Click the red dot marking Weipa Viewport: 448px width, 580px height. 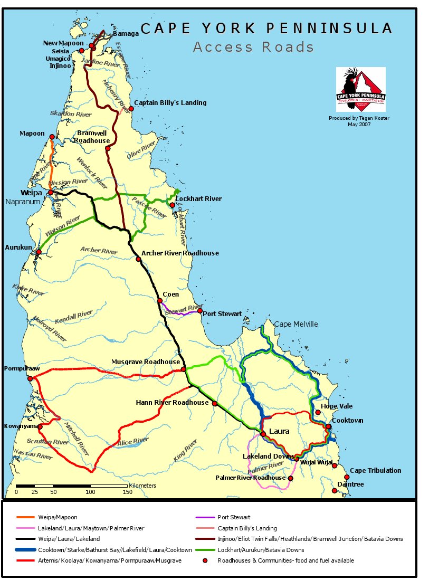tap(51, 193)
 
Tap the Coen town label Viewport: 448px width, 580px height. tap(170, 294)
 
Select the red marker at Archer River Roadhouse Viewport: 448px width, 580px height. tap(138, 259)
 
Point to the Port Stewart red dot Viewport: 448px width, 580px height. tap(199, 311)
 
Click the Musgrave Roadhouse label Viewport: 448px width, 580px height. tap(145, 362)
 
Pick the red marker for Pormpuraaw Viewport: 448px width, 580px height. tap(30, 378)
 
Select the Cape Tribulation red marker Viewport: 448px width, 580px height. tap(347, 477)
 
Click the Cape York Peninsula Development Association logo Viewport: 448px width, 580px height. tap(361, 90)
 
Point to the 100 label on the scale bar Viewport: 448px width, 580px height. tap(90, 492)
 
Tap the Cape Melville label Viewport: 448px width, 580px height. tap(296, 324)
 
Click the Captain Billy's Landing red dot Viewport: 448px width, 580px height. tap(125, 108)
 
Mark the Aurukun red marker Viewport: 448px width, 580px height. tap(39, 252)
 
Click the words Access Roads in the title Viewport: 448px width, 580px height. tap(253, 47)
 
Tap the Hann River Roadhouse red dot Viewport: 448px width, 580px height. tap(215, 404)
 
